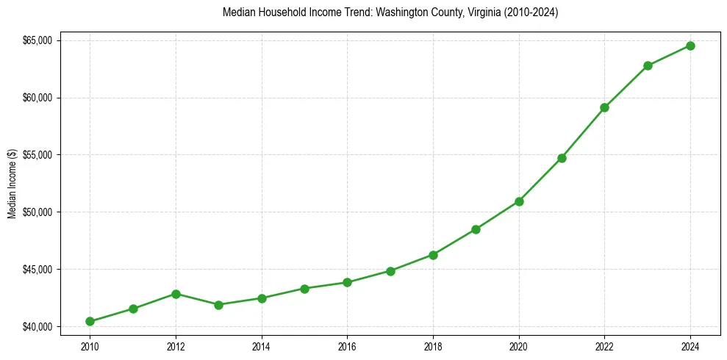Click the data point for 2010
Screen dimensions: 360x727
[90, 321]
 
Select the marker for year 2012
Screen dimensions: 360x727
[176, 294]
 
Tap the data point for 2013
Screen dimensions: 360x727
[218, 304]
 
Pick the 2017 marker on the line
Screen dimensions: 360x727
[390, 271]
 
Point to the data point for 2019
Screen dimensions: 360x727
[476, 229]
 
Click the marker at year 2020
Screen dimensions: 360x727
[519, 201]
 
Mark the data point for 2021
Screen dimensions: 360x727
[562, 158]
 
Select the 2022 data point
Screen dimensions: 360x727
[605, 107]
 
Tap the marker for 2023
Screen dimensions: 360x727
[648, 65]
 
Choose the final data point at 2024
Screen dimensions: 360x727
[691, 46]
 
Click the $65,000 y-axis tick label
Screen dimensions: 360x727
[37, 40]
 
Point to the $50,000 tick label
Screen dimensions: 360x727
[37, 212]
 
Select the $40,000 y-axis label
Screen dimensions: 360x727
[37, 326]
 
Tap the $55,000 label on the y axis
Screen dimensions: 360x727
[37, 155]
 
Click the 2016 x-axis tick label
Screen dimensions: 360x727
[347, 345]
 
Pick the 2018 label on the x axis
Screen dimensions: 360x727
[433, 345]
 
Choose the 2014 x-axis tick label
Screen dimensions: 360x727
[261, 345]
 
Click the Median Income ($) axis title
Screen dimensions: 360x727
[12, 183]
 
